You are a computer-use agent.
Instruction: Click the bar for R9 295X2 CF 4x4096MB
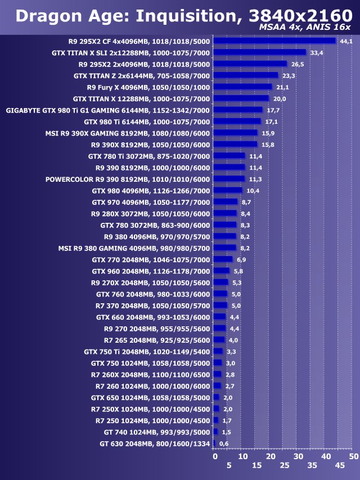[x=274, y=41]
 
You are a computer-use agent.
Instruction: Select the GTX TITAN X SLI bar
[x=260, y=52]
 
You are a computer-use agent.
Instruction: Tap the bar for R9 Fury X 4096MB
[x=243, y=87]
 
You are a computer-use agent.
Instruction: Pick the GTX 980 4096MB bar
[x=228, y=191]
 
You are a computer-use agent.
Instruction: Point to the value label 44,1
[x=346, y=41]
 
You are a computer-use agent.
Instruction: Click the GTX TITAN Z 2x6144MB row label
[x=141, y=75]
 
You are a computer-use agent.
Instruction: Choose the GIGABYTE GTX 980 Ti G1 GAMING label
[x=107, y=110]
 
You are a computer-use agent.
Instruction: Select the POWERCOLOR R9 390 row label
[x=127, y=180]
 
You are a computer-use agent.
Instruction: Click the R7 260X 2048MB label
[x=150, y=375]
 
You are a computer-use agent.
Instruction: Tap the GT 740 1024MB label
[x=157, y=433]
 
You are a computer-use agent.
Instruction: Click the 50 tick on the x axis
[x=353, y=456]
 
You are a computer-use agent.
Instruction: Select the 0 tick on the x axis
[x=215, y=456]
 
